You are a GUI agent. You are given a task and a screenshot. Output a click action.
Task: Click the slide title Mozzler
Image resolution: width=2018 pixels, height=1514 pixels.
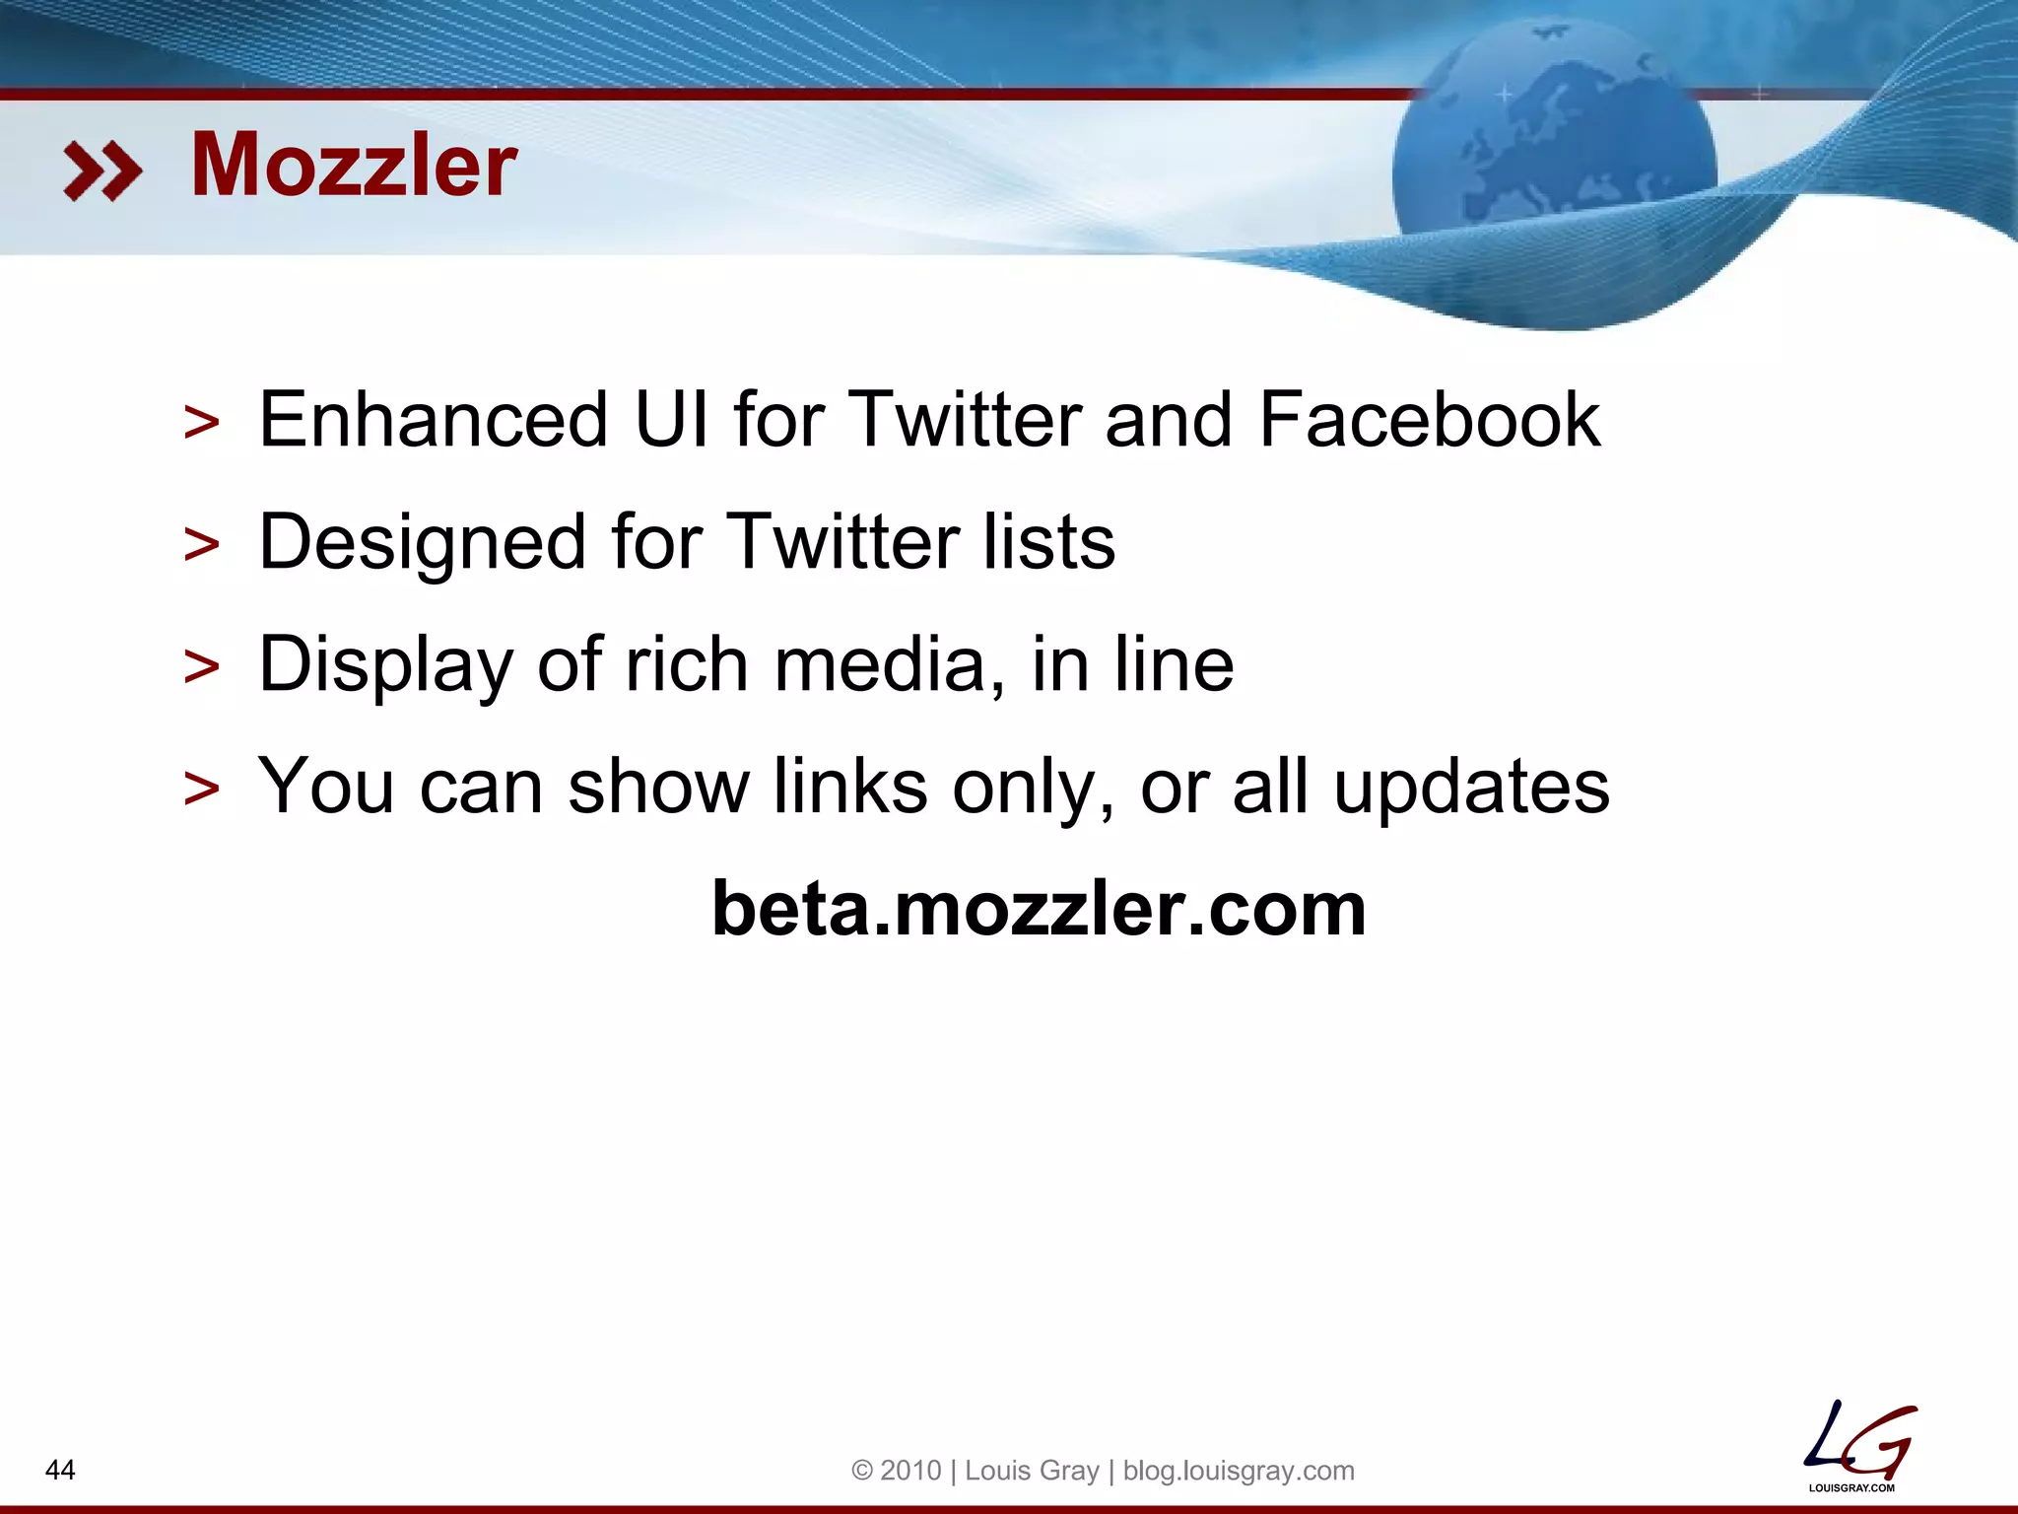353,166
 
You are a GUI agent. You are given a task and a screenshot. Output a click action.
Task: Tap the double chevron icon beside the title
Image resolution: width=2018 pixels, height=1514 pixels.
102,171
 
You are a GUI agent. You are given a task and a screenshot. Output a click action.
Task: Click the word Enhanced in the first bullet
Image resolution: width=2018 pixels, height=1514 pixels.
433,420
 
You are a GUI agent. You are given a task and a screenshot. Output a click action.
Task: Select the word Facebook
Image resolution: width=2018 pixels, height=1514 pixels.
1430,420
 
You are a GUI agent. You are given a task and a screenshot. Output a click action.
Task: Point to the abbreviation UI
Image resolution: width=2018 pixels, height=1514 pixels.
671,420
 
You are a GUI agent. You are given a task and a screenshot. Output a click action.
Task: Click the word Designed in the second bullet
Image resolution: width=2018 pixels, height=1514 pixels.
423,542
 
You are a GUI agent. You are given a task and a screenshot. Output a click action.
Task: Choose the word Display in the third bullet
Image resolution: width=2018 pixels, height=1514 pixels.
385,665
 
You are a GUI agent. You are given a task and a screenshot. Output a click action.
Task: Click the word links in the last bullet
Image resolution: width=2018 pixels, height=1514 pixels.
849,787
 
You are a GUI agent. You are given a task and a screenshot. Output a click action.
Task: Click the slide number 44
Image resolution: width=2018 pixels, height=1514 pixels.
60,1470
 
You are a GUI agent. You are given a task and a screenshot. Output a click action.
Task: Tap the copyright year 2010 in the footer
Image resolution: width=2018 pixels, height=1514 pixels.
910,1471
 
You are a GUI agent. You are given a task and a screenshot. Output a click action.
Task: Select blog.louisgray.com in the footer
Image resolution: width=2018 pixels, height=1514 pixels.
1239,1471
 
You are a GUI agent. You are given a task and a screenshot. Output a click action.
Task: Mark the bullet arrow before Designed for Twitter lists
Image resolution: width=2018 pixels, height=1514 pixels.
202,545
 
